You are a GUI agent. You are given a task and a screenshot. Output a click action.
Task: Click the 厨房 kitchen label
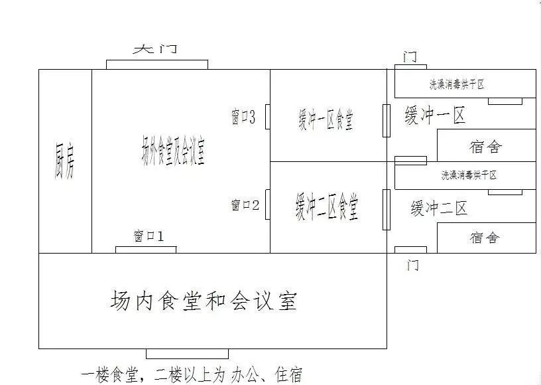pos(64,161)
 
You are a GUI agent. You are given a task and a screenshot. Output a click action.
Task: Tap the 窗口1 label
pos(148,236)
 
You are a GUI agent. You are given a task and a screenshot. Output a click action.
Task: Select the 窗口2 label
pos(245,205)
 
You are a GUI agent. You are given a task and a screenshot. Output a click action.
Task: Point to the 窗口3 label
pos(243,117)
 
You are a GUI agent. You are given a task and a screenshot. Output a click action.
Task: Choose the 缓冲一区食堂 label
pos(326,120)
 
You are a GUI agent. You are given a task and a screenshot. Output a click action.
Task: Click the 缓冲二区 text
pos(439,208)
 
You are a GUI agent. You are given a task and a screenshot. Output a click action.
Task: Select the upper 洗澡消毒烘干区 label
pos(457,84)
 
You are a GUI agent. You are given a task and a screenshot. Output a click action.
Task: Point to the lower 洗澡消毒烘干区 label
pos(469,175)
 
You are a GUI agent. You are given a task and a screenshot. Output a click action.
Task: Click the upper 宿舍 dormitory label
pos(485,146)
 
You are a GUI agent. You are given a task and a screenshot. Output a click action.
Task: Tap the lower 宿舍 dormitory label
pos(484,238)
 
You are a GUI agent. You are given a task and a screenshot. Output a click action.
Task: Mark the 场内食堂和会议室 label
pos(203,301)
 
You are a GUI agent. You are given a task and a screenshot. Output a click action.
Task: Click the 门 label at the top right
pos(410,56)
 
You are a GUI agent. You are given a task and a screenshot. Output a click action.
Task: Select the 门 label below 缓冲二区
pos(412,266)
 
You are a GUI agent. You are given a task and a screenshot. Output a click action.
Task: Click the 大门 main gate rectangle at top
pos(157,64)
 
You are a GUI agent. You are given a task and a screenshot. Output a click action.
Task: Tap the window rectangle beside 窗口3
pos(267,117)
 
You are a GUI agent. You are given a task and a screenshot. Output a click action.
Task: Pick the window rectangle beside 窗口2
pos(267,204)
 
